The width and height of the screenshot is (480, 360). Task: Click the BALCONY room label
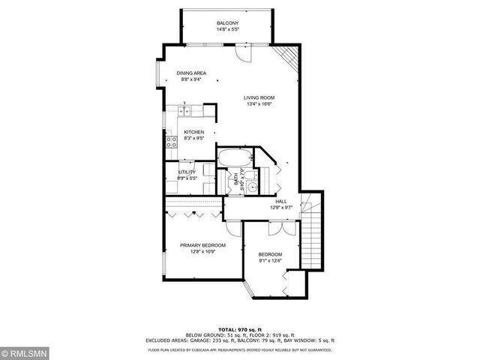click(x=228, y=24)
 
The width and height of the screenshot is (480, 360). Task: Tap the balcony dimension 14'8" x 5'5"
click(x=228, y=30)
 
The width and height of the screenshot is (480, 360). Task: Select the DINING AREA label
click(x=192, y=73)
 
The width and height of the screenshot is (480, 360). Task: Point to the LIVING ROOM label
click(x=259, y=97)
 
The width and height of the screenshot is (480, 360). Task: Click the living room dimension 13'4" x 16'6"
click(x=259, y=104)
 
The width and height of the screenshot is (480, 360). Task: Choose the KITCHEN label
click(x=194, y=132)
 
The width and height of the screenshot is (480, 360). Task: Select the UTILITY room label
click(x=187, y=172)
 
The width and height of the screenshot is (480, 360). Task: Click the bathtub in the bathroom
click(x=235, y=159)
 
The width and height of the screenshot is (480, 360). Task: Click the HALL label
click(x=280, y=201)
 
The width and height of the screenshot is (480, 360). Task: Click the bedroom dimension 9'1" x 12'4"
click(x=270, y=261)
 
